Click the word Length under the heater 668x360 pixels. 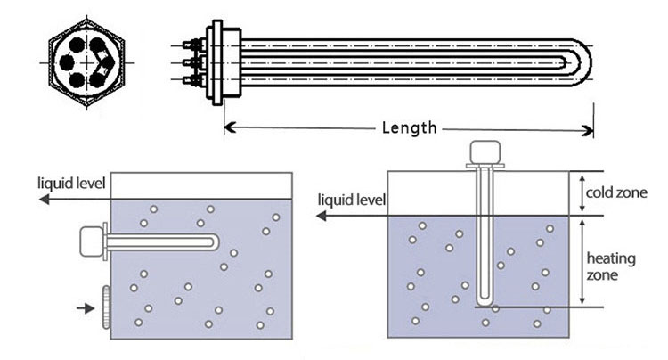click(409, 128)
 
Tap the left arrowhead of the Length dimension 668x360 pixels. click(228, 128)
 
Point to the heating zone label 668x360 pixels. click(610, 266)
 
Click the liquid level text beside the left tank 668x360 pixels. click(71, 184)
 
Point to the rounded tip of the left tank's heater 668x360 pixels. click(214, 241)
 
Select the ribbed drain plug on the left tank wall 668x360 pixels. click(105, 307)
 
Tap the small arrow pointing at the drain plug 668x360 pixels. click(85, 308)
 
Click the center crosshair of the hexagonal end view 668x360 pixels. click(86, 65)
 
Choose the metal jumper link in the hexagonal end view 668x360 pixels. click(105, 64)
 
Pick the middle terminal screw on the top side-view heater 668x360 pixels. click(189, 63)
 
